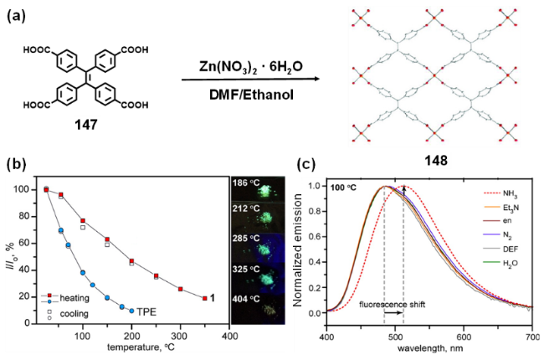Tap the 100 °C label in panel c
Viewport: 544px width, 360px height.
click(345, 185)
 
